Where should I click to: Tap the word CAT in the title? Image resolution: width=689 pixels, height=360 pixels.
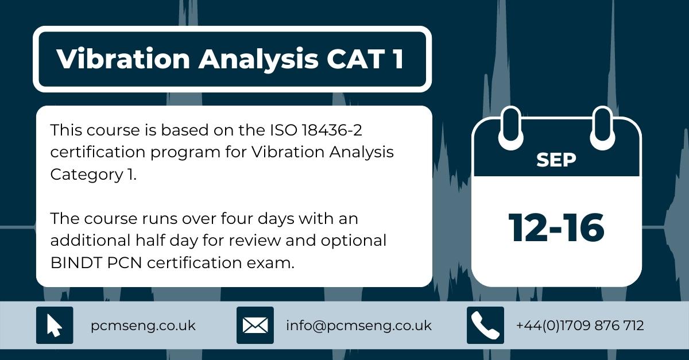[350, 60]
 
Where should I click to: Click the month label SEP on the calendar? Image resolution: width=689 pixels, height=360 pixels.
[556, 160]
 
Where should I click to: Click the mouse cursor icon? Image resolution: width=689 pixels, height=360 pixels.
[55, 326]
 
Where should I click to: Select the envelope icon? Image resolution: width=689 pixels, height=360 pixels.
[255, 326]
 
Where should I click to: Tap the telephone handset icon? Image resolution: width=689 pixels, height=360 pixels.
[485, 326]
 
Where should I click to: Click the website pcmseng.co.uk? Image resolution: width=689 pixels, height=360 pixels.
[143, 326]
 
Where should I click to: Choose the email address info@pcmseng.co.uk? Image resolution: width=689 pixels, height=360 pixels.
[358, 326]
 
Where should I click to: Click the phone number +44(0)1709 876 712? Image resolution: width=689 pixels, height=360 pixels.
[580, 326]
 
